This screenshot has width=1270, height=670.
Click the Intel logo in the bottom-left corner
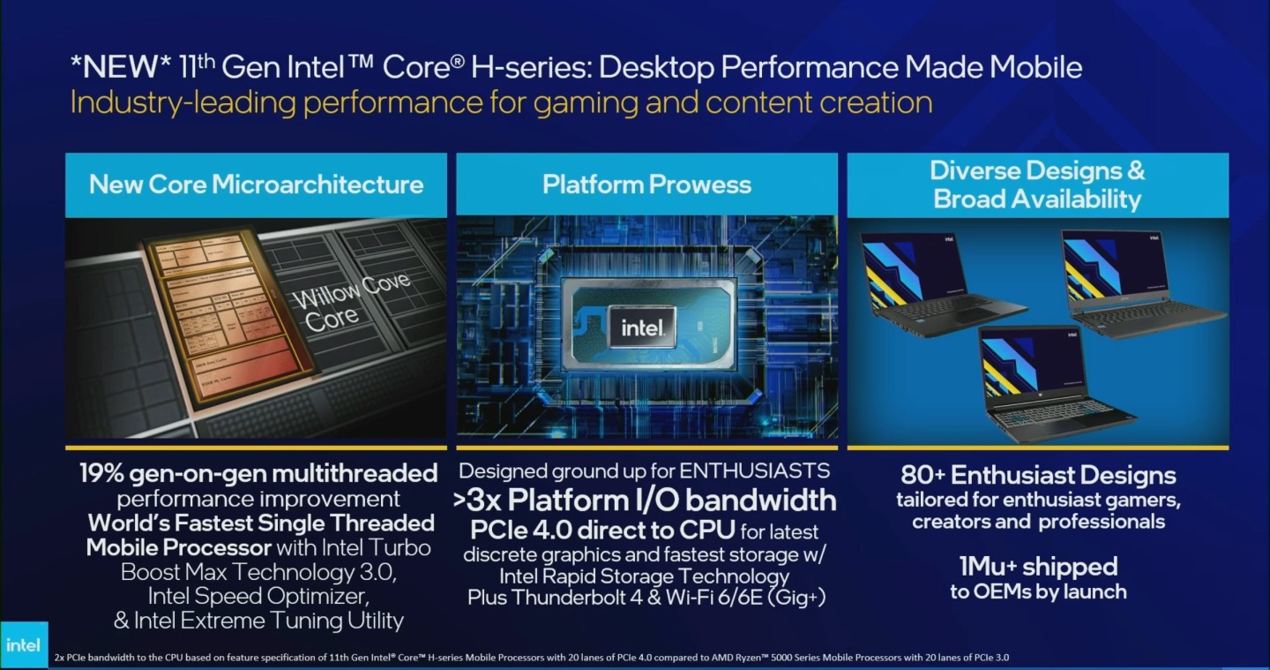coord(23,645)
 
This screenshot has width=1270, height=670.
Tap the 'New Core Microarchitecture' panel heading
coord(256,184)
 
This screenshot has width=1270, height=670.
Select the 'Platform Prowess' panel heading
coord(646,184)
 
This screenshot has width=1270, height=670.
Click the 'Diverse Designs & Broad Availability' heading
coord(1037,184)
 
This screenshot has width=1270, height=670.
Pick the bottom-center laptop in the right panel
coord(1050,383)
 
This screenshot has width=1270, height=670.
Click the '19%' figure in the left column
coord(105,473)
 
